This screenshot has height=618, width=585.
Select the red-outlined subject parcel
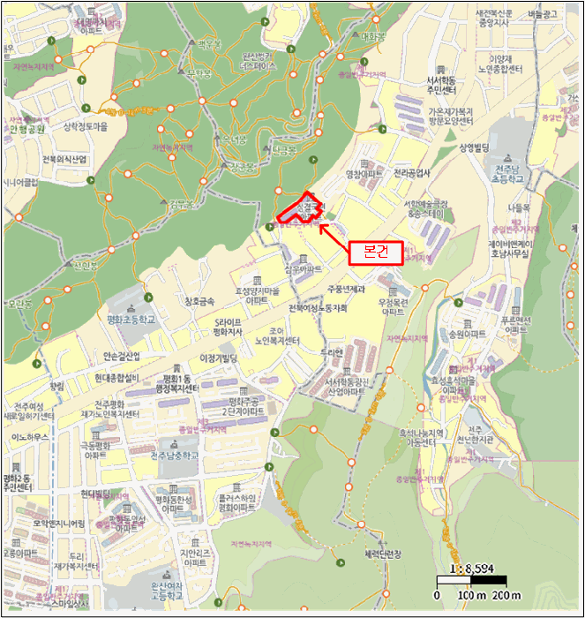(301, 208)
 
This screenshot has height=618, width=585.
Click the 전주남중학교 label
(175, 456)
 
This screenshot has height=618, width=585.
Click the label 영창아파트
(364, 174)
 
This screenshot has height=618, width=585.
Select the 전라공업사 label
(413, 173)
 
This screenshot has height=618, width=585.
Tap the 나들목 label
(518, 207)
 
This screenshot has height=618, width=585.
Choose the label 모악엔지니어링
(52, 523)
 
